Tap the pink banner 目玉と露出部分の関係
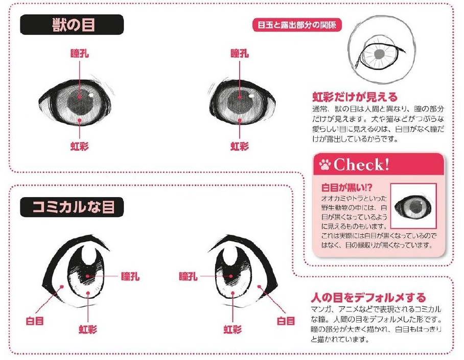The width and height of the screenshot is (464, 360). click(297, 25)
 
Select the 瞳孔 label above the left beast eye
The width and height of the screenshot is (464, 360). click(80, 54)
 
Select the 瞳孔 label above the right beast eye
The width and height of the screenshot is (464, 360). click(240, 54)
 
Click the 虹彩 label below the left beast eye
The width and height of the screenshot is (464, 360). click(80, 146)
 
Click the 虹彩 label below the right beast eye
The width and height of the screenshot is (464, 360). click(240, 146)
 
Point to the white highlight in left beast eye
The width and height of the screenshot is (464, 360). click(91, 95)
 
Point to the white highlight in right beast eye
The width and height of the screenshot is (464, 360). click(251, 95)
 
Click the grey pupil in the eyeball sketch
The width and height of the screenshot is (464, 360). click(379, 54)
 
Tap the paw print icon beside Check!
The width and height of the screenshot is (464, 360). click(324, 164)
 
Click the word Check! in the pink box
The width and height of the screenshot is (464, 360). click(361, 164)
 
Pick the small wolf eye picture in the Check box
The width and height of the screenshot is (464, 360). click(413, 206)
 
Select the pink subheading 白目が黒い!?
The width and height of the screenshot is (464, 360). click(346, 187)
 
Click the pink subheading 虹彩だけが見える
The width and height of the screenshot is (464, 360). click(355, 97)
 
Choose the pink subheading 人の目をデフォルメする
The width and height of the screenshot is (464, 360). click(368, 297)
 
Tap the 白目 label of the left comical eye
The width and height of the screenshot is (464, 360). click(35, 321)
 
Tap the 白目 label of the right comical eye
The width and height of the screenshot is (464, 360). click(286, 321)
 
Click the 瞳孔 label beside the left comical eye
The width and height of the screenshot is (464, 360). click(130, 276)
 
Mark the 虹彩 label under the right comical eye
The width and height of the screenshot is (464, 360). click(233, 329)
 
